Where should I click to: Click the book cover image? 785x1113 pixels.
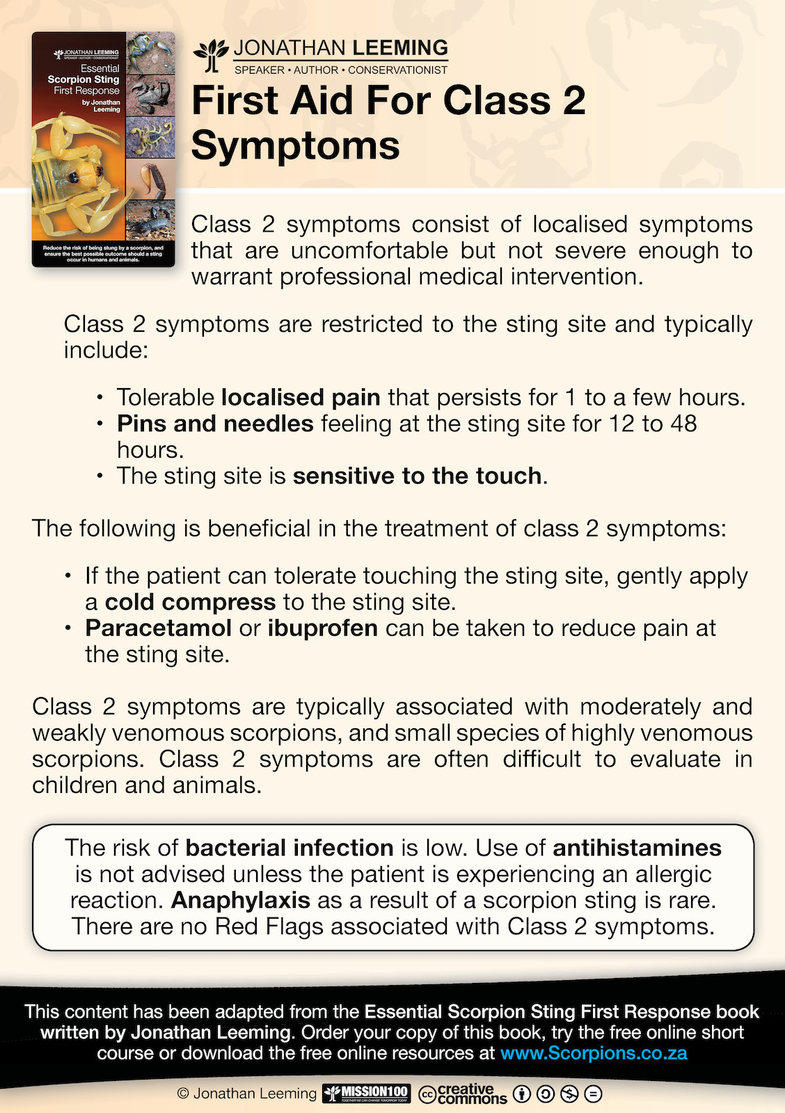103,149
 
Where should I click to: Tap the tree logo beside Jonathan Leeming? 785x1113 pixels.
211,56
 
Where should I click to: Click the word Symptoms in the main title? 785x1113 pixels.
295,145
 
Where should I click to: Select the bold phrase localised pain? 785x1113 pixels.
301,397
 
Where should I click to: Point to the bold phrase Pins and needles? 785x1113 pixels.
215,424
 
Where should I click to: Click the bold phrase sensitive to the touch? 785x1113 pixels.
417,476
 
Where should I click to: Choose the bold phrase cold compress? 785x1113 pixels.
190,602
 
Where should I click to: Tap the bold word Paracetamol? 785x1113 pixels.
158,628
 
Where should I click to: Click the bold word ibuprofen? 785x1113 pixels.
322,628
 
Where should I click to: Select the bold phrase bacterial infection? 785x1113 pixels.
290,848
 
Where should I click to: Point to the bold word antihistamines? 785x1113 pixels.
637,848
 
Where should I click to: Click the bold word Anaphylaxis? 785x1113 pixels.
241,900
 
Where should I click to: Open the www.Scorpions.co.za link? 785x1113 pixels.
594,1052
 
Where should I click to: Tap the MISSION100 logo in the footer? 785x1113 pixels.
367,1094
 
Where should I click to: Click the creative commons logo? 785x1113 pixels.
463,1094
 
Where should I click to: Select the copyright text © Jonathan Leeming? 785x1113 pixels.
247,1094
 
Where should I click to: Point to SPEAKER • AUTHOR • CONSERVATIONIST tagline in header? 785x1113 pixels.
341,70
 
